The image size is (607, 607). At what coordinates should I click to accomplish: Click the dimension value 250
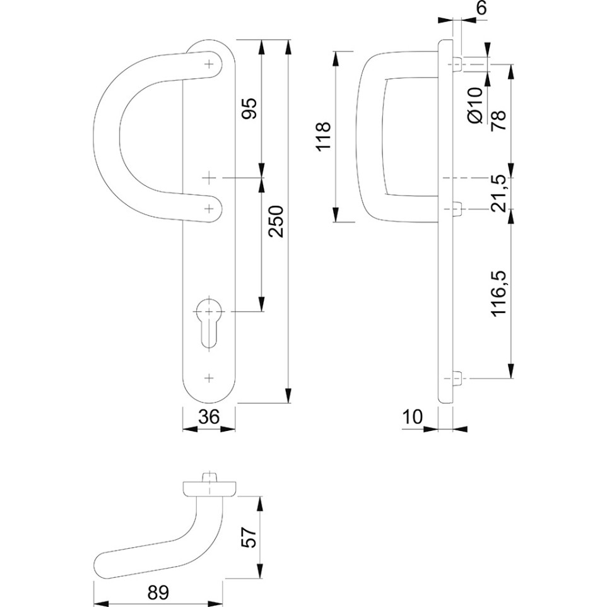coord(277,221)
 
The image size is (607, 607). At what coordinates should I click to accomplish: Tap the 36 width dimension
coord(208,417)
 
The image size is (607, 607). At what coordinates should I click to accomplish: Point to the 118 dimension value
coord(323,136)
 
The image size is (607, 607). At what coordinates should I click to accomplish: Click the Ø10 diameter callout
coord(475,105)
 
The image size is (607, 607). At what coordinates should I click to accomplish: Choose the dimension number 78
coord(498,121)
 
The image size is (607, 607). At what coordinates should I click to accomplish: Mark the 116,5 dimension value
coord(498,294)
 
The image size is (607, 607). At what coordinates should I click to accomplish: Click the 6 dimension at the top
coord(481,8)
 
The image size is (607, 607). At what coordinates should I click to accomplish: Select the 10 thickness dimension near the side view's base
coord(413,417)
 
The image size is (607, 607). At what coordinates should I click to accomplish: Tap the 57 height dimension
coord(251,536)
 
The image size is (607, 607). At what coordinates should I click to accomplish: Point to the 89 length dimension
coord(158,592)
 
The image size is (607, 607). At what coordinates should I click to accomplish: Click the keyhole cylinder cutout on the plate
coord(209,323)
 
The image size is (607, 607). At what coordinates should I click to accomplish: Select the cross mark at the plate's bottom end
coord(209,378)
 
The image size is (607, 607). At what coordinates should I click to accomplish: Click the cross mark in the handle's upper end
coord(209,64)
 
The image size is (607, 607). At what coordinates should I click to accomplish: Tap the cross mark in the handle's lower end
coord(209,209)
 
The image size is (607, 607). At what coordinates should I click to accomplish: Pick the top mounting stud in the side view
coord(457,64)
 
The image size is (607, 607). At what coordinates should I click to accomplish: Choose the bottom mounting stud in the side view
coord(457,378)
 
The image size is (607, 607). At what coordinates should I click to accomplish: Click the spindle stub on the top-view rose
coord(209,476)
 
